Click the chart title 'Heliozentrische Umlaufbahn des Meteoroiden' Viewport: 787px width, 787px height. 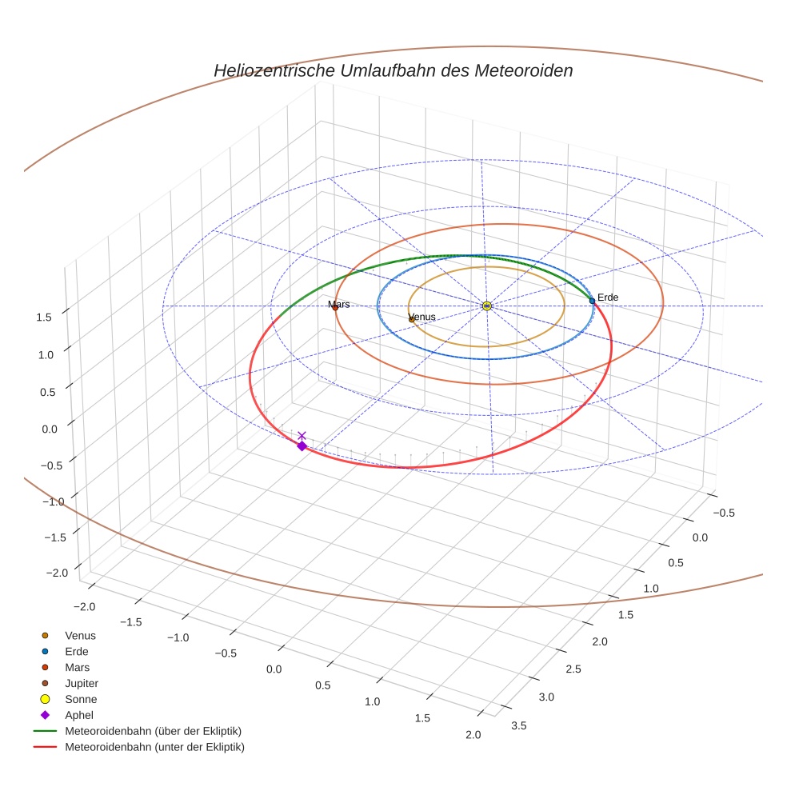tap(393, 70)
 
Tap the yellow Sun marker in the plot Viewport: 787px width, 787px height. tap(486, 306)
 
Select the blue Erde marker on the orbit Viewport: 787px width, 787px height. tap(592, 301)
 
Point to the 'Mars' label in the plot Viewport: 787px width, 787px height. tap(339, 305)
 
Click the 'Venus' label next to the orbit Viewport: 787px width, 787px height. tap(422, 317)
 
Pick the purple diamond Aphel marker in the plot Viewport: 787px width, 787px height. tap(302, 445)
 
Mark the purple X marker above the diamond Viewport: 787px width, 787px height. tap(302, 435)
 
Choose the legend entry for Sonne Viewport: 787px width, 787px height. tap(81, 699)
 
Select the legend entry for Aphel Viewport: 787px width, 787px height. tap(79, 715)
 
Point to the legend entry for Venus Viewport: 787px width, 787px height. tap(80, 635)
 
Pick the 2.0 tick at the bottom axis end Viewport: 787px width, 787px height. tap(472, 735)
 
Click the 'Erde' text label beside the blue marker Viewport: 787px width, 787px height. tap(608, 298)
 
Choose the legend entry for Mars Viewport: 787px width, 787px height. tap(77, 667)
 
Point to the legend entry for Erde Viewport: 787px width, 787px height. tap(77, 651)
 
